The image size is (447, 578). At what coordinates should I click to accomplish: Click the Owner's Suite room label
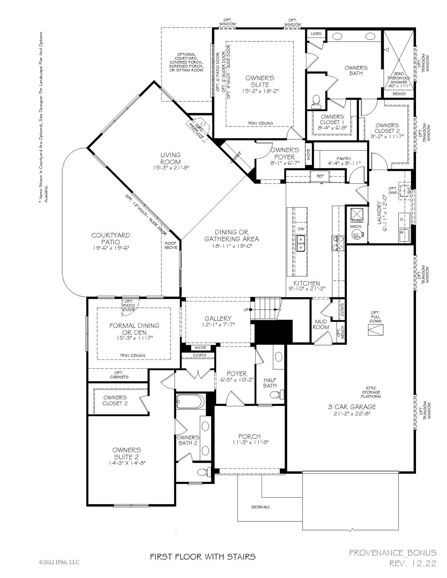(x=260, y=81)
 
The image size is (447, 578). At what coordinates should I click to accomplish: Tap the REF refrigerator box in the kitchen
(x=320, y=176)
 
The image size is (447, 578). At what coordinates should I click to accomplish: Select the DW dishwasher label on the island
(x=301, y=229)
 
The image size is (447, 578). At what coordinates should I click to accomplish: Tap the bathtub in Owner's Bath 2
(x=190, y=401)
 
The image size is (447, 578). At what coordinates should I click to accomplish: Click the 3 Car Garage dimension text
(x=352, y=413)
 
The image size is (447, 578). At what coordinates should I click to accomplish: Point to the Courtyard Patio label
(x=111, y=239)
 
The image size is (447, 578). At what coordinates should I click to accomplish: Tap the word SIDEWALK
(x=261, y=507)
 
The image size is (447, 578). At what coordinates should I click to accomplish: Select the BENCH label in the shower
(x=399, y=94)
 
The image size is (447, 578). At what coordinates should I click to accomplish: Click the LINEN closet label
(x=316, y=34)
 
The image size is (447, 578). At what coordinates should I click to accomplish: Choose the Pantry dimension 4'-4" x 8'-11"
(x=344, y=163)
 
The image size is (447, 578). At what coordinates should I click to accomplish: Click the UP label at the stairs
(x=246, y=310)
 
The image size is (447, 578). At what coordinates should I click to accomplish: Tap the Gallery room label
(x=218, y=318)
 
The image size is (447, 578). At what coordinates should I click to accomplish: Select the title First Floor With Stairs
(x=203, y=557)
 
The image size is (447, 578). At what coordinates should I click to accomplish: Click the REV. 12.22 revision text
(x=413, y=563)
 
